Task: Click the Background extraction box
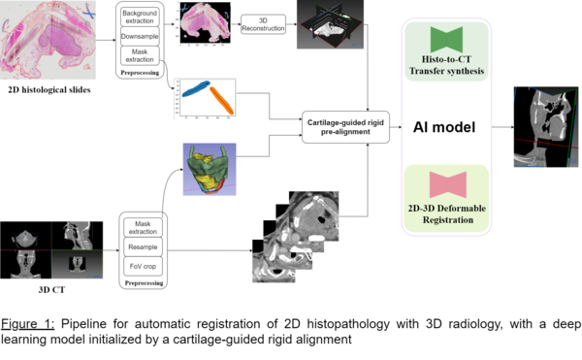point(140,16)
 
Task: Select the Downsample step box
point(140,36)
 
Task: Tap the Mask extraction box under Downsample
point(140,55)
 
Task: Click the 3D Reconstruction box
point(263,24)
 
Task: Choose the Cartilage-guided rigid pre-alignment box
point(345,127)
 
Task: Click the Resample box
point(143,246)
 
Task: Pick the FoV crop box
point(143,266)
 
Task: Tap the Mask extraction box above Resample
point(143,227)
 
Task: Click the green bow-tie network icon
point(446,40)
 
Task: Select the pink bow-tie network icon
point(448,184)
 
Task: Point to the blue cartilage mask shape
point(196,89)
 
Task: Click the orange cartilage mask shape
point(221,100)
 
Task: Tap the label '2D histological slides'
point(49,90)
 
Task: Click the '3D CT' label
point(51,290)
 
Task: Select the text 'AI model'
point(444,127)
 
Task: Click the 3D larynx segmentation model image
point(210,169)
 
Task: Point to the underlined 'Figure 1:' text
point(27,324)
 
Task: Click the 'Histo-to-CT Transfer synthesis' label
point(446,65)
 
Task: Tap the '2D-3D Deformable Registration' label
point(447,214)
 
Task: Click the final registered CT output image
point(546,127)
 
